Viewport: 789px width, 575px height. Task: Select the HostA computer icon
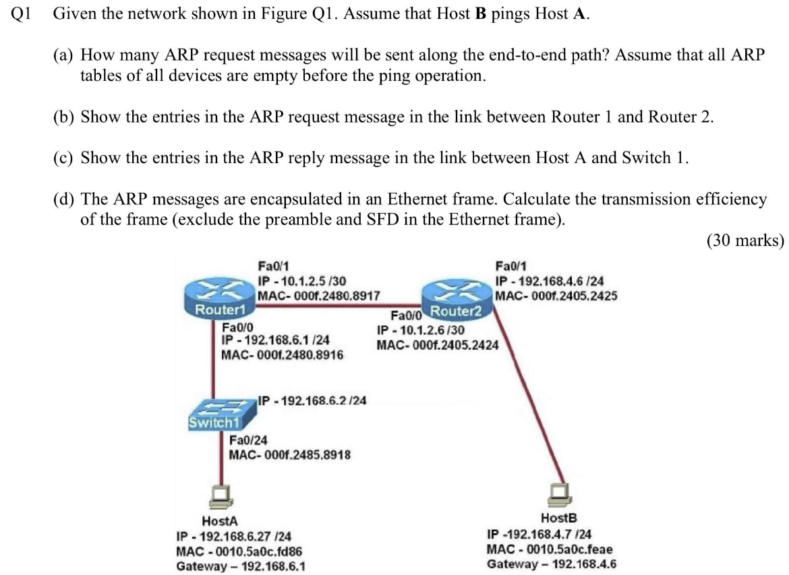point(221,496)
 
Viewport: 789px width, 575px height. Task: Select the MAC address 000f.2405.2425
point(556,295)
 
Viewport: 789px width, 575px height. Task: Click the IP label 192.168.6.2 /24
point(313,400)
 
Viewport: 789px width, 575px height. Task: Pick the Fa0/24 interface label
point(245,441)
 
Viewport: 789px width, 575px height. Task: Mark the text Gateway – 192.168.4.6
point(552,564)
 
